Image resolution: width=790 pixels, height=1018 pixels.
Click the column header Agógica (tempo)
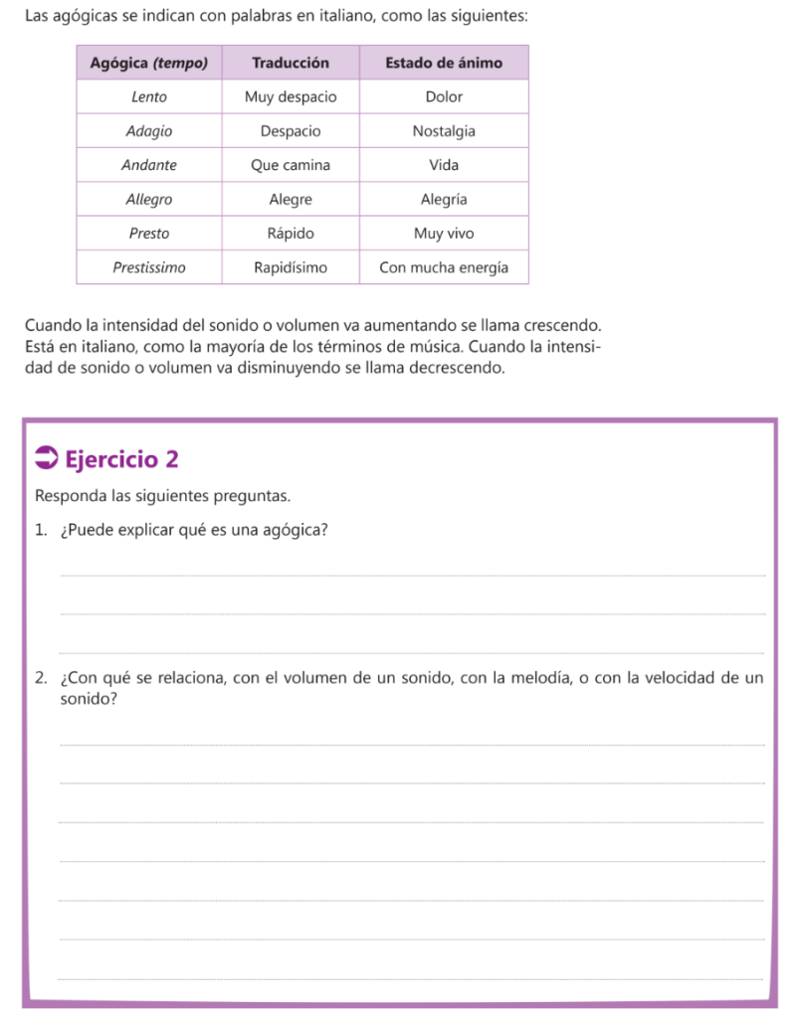(149, 63)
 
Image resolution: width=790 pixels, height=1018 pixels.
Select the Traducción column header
(291, 63)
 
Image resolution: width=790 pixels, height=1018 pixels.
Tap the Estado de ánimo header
(444, 63)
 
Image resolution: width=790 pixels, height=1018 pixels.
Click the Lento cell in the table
(149, 97)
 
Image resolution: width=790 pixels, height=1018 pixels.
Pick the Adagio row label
(149, 131)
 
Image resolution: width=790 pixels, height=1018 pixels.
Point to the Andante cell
(149, 165)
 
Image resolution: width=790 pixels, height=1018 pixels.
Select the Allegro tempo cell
(149, 199)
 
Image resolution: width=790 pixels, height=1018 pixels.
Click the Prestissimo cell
(149, 267)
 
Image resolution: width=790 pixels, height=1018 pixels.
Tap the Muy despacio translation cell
(291, 97)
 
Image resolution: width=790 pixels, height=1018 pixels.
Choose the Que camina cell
(291, 165)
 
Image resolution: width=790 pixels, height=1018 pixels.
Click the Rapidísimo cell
(291, 267)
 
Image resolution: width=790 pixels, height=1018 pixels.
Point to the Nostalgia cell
(444, 131)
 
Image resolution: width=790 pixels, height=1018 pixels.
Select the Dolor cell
(444, 97)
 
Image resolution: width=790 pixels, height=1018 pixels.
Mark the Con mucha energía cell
(444, 267)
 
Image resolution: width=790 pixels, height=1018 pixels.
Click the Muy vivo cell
(444, 234)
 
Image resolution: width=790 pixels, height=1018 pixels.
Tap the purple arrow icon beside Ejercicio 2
(46, 458)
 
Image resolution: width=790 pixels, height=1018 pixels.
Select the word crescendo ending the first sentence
(562, 325)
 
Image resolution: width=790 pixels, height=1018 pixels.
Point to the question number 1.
(39, 530)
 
